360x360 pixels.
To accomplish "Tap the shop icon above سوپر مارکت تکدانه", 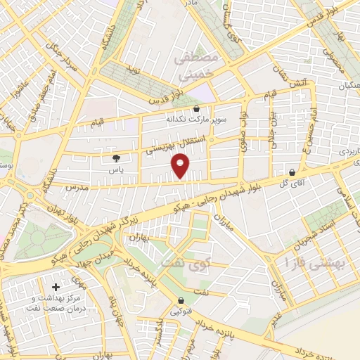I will [x=195, y=109].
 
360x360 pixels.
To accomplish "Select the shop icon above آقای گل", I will [x=292, y=172].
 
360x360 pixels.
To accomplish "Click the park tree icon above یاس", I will [x=116, y=159].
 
